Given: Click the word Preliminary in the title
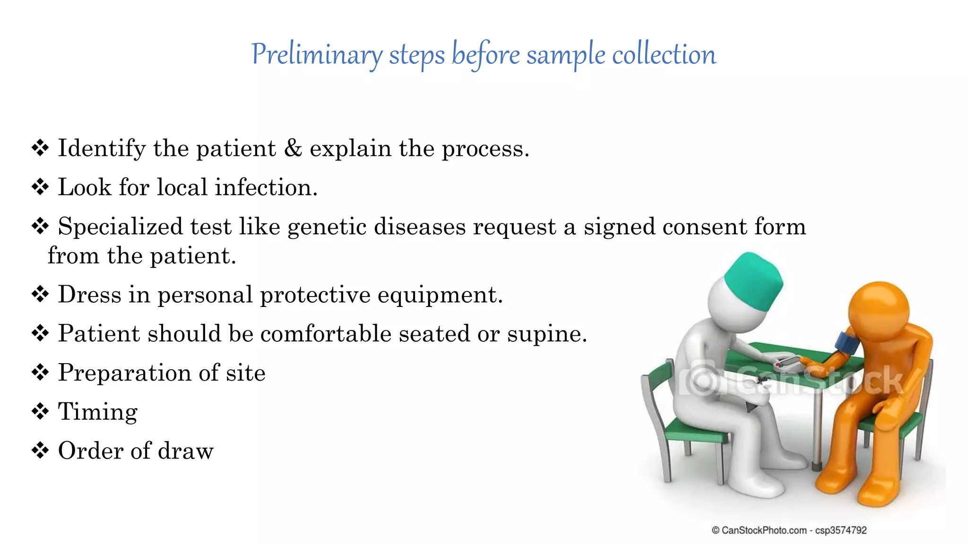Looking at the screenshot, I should click(316, 55).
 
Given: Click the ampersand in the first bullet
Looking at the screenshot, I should click(293, 148).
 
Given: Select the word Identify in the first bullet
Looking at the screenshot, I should click(101, 149).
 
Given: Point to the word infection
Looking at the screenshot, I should click(266, 187).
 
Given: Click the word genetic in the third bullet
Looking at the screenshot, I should click(327, 227).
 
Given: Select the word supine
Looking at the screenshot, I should click(547, 334).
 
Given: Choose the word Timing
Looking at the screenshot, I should click(97, 412).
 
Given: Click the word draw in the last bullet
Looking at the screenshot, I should click(185, 451).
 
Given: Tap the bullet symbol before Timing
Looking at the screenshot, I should click(40, 411).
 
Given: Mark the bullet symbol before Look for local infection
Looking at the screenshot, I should click(40, 187).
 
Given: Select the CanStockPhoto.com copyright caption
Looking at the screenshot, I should click(789, 530).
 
